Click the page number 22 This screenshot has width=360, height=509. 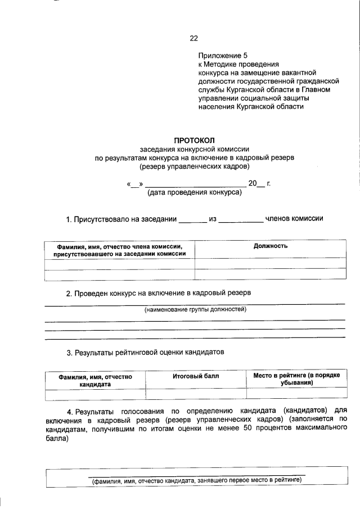pos(193,38)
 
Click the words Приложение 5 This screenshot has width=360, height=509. pos(223,56)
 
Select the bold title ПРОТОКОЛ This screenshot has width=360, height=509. pos(194,140)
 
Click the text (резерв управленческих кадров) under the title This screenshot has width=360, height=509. pos(194,166)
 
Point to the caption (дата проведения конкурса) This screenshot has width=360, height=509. pos(194,192)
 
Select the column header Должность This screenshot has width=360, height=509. pos(271,246)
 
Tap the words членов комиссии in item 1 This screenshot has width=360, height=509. pos(294,219)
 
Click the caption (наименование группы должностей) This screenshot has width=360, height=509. pos(195,309)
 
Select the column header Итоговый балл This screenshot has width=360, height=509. pos(195,375)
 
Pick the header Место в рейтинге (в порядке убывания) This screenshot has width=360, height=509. pos(296,379)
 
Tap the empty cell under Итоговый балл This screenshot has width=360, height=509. pos(195,393)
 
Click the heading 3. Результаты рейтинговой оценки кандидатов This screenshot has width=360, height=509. pos(146,353)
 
